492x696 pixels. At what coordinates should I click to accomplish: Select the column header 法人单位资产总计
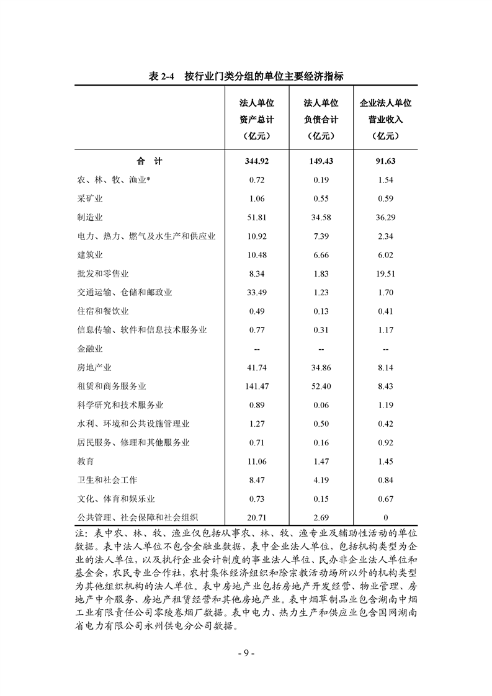[x=257, y=120]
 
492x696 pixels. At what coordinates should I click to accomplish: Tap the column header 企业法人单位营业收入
[x=385, y=120]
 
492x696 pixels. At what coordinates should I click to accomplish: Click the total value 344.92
[x=257, y=161]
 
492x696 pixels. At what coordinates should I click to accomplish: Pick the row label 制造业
[x=89, y=217]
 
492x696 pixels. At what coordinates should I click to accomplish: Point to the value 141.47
[x=257, y=386]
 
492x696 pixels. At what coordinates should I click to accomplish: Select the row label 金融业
[x=89, y=349]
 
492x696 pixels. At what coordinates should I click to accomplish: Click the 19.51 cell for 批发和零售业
[x=385, y=274]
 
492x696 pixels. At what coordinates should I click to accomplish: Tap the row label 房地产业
[x=94, y=368]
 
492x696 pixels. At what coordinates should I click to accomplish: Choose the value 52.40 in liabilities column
[x=321, y=386]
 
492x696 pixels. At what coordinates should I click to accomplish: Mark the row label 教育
[x=85, y=462]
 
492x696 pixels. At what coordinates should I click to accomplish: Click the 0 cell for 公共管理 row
[x=385, y=518]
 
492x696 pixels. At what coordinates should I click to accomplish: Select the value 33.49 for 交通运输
[x=257, y=292]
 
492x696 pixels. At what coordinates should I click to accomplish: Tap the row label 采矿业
[x=89, y=199]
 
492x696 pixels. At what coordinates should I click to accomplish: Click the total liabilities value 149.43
[x=321, y=161]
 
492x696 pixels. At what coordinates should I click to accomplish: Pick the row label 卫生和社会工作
[x=107, y=480]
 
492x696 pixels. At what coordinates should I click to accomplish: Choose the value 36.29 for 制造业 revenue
[x=385, y=217]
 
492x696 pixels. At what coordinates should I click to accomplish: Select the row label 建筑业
[x=89, y=255]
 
